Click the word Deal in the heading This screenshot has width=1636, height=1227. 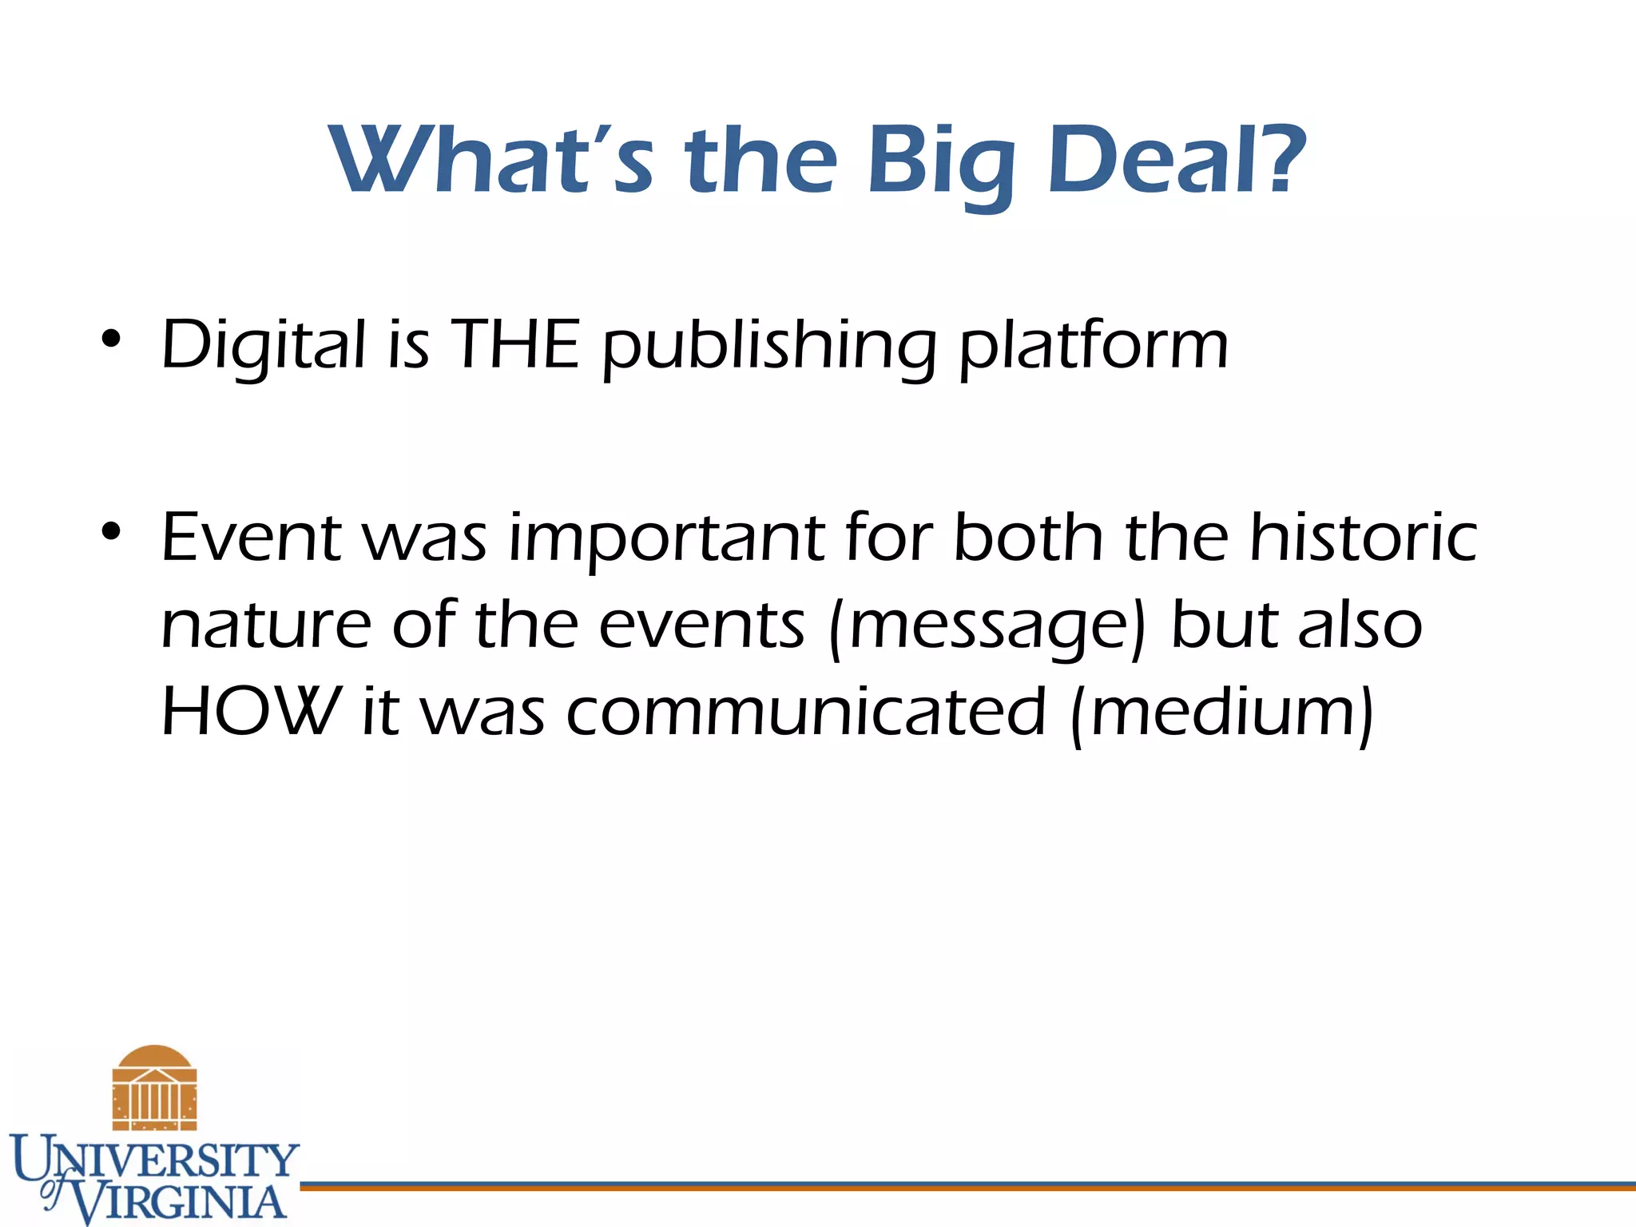click(1151, 159)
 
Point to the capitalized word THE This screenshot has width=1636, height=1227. click(515, 344)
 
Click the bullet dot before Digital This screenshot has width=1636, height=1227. click(111, 340)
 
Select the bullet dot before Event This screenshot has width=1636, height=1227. click(111, 531)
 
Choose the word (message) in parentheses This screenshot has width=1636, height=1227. click(987, 627)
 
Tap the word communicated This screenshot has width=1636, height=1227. click(805, 712)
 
